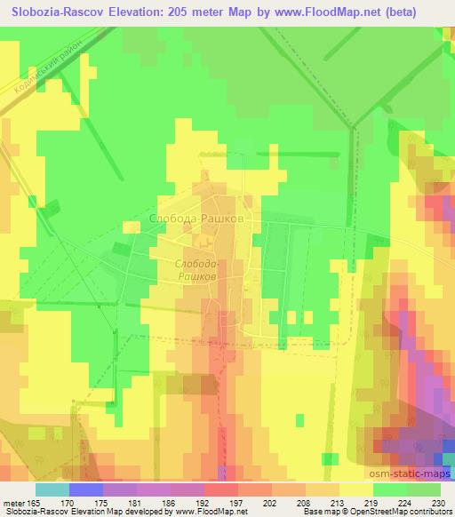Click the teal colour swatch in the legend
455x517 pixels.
(52, 489)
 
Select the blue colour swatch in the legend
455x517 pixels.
(86, 489)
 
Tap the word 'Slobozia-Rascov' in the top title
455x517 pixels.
(53, 12)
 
